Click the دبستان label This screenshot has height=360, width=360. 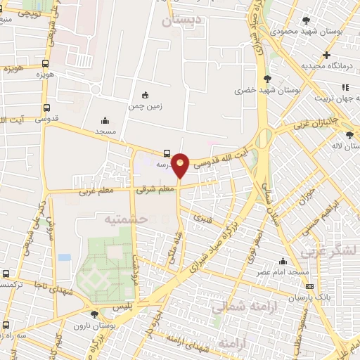(x=181, y=21)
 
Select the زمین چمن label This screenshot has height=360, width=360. (x=145, y=106)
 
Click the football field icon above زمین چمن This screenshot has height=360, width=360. (x=145, y=95)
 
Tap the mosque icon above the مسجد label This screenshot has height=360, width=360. (x=105, y=120)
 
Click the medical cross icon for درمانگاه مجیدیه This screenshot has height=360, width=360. (x=326, y=55)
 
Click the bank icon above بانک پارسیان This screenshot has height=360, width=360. (x=309, y=287)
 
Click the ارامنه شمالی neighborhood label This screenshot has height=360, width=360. (x=245, y=305)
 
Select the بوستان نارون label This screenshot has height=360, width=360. (x=96, y=325)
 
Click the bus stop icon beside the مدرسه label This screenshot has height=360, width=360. (x=167, y=153)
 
